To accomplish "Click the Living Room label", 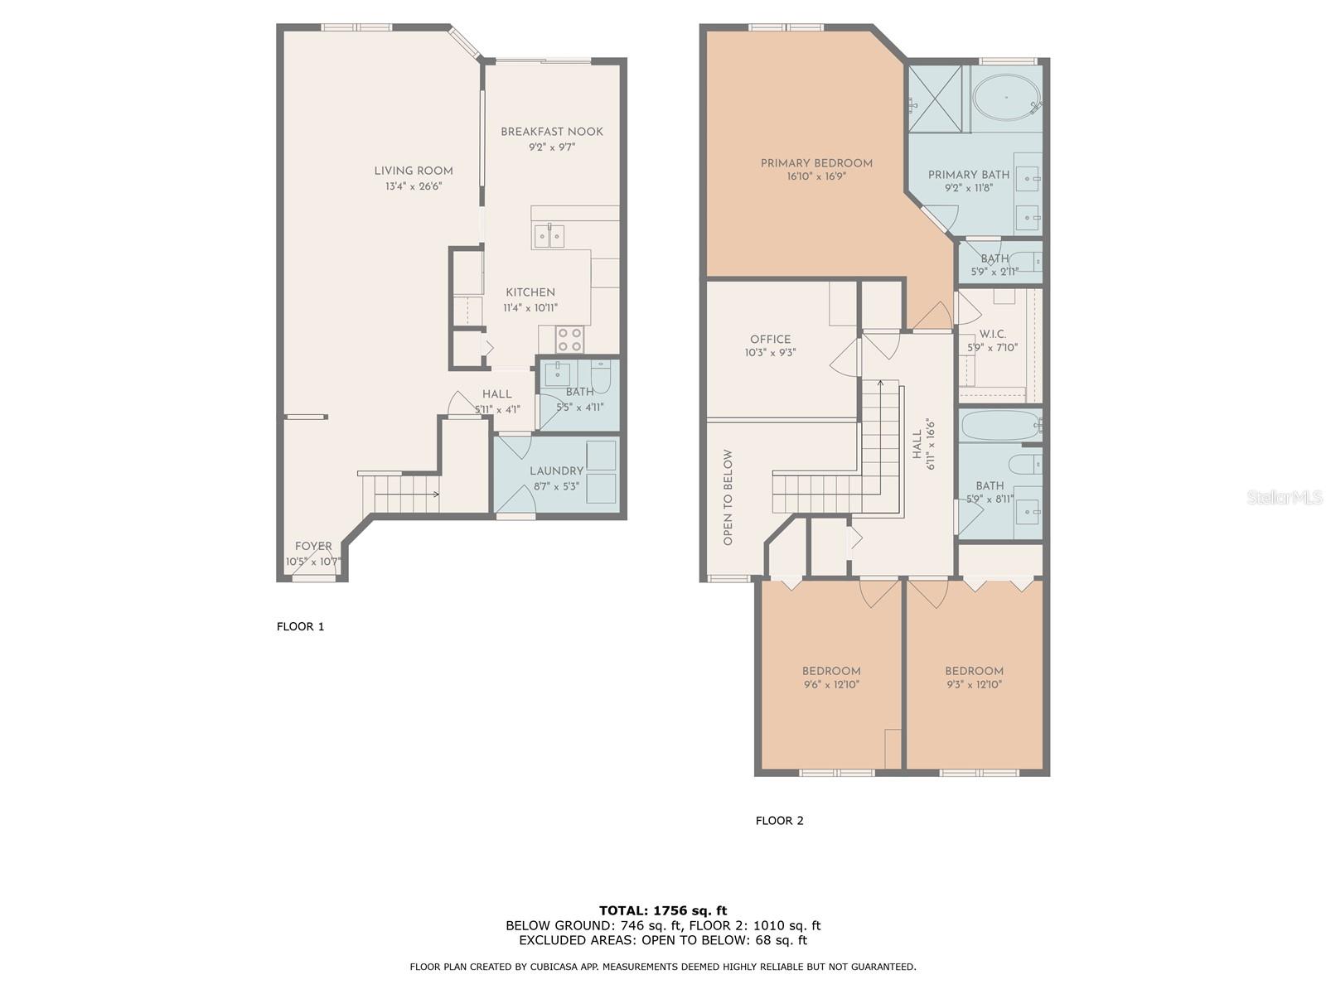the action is (414, 171).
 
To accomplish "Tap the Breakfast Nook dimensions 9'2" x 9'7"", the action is (552, 147).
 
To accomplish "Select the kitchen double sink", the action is (549, 235).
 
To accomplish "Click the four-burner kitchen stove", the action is (569, 339).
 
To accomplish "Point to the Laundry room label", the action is (556, 470).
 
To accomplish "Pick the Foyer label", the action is (313, 546).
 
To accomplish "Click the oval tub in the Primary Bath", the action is (1006, 97).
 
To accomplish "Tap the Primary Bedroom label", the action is (816, 163).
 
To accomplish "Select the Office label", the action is (770, 339).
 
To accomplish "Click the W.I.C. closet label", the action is (993, 334).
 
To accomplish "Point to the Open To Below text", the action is (728, 498).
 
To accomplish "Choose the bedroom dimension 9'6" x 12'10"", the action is (831, 684).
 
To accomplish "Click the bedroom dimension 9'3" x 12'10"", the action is (975, 684).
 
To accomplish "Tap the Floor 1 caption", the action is (300, 626).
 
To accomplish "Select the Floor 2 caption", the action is (779, 821).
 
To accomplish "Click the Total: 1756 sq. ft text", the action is (663, 910).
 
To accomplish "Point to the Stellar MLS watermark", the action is (1285, 497).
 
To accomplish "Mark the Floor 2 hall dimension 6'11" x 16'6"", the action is (931, 444).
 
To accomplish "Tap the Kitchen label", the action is (530, 292).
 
